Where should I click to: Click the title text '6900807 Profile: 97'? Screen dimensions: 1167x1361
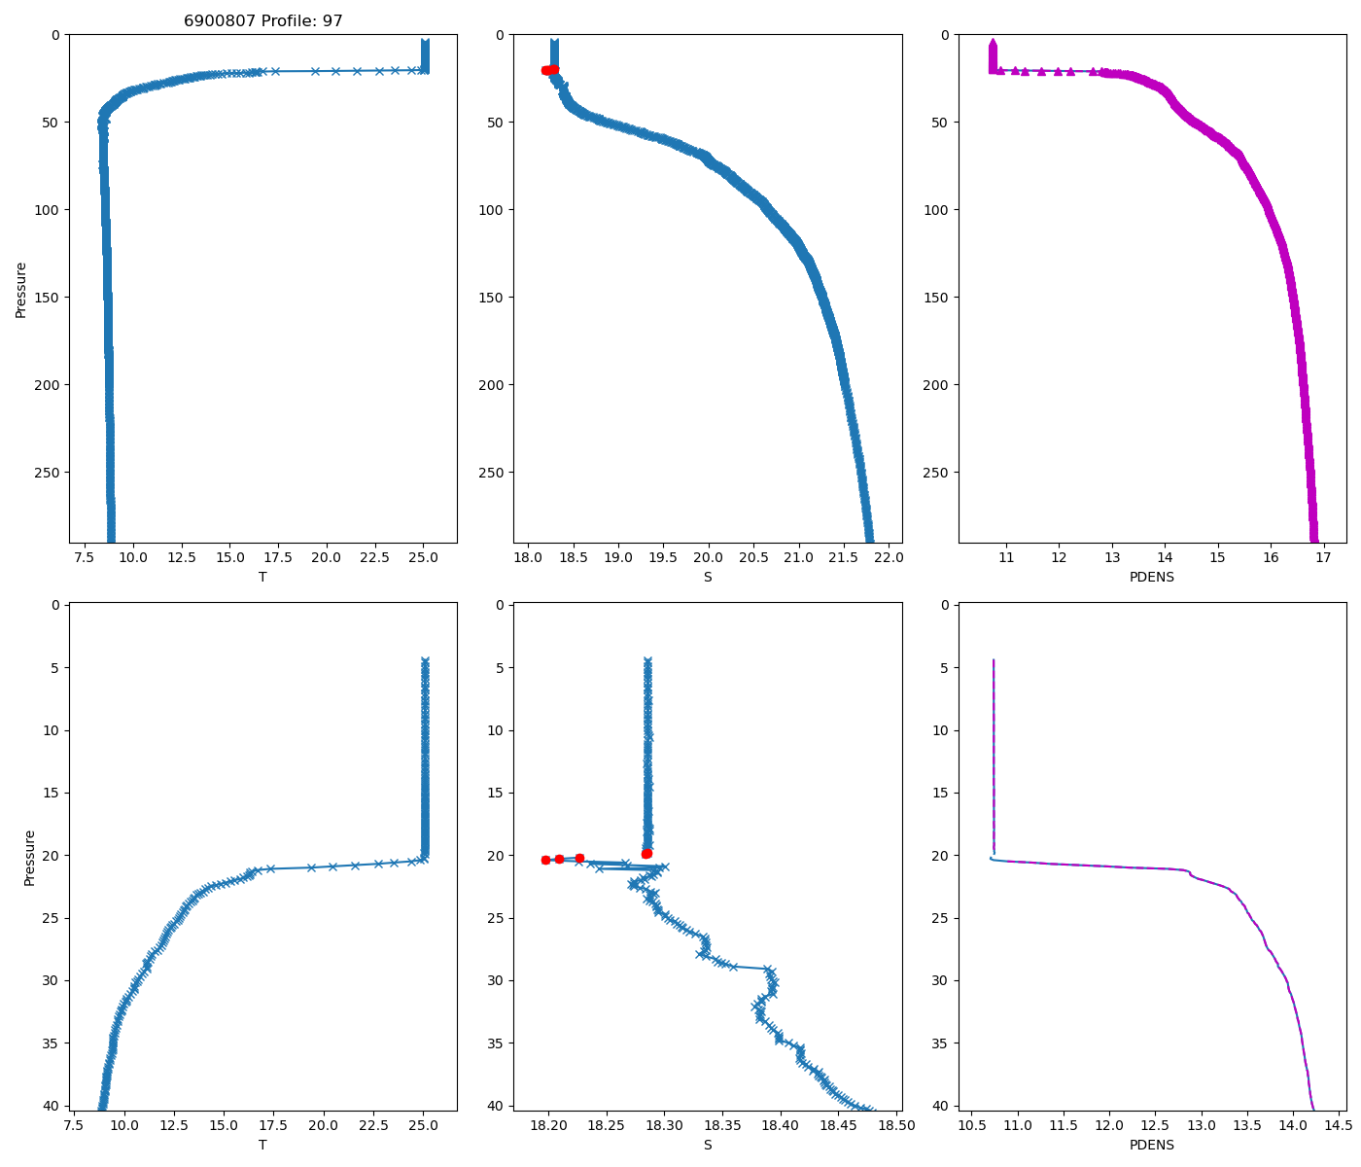(262, 20)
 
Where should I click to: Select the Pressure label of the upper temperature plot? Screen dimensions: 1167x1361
(20, 289)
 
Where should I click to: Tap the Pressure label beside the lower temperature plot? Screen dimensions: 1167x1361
(29, 858)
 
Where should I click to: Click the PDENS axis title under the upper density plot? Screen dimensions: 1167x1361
(1152, 577)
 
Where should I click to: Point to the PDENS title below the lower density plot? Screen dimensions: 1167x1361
(1152, 1145)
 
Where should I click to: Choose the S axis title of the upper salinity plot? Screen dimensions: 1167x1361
(708, 577)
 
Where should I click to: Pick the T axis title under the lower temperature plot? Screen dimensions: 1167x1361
(262, 1145)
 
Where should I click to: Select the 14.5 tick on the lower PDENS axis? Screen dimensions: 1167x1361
(1338, 1125)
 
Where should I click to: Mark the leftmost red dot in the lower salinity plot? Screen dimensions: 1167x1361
(545, 860)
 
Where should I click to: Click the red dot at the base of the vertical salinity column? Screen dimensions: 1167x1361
(646, 853)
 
